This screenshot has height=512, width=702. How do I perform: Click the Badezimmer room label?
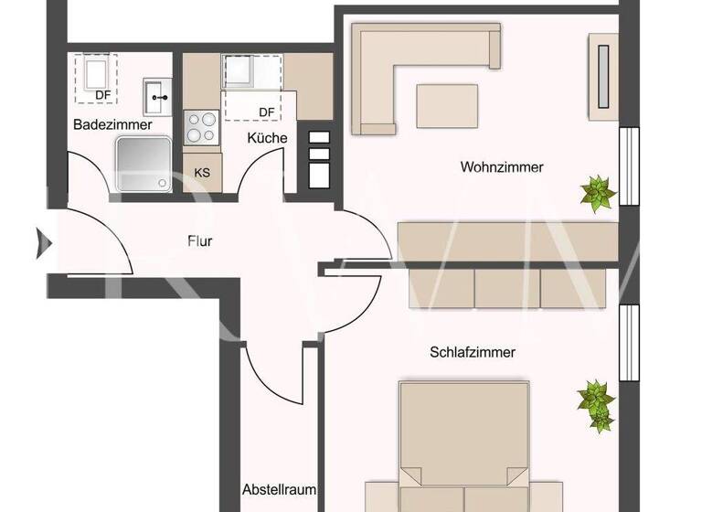[113, 125]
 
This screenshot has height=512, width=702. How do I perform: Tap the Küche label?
[267, 138]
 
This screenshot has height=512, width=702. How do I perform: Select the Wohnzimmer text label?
[502, 167]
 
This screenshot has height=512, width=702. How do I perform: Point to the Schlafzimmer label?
[473, 352]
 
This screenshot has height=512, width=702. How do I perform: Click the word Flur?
[199, 242]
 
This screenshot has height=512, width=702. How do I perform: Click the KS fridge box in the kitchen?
[202, 171]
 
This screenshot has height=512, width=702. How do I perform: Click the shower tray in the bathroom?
[143, 165]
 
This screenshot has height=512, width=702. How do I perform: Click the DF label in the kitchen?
[266, 112]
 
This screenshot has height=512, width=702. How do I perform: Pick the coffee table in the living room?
[448, 105]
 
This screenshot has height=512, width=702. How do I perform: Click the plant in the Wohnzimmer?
[598, 193]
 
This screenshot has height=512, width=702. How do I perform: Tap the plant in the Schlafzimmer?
[596, 403]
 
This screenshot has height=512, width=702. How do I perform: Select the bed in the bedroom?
[464, 448]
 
